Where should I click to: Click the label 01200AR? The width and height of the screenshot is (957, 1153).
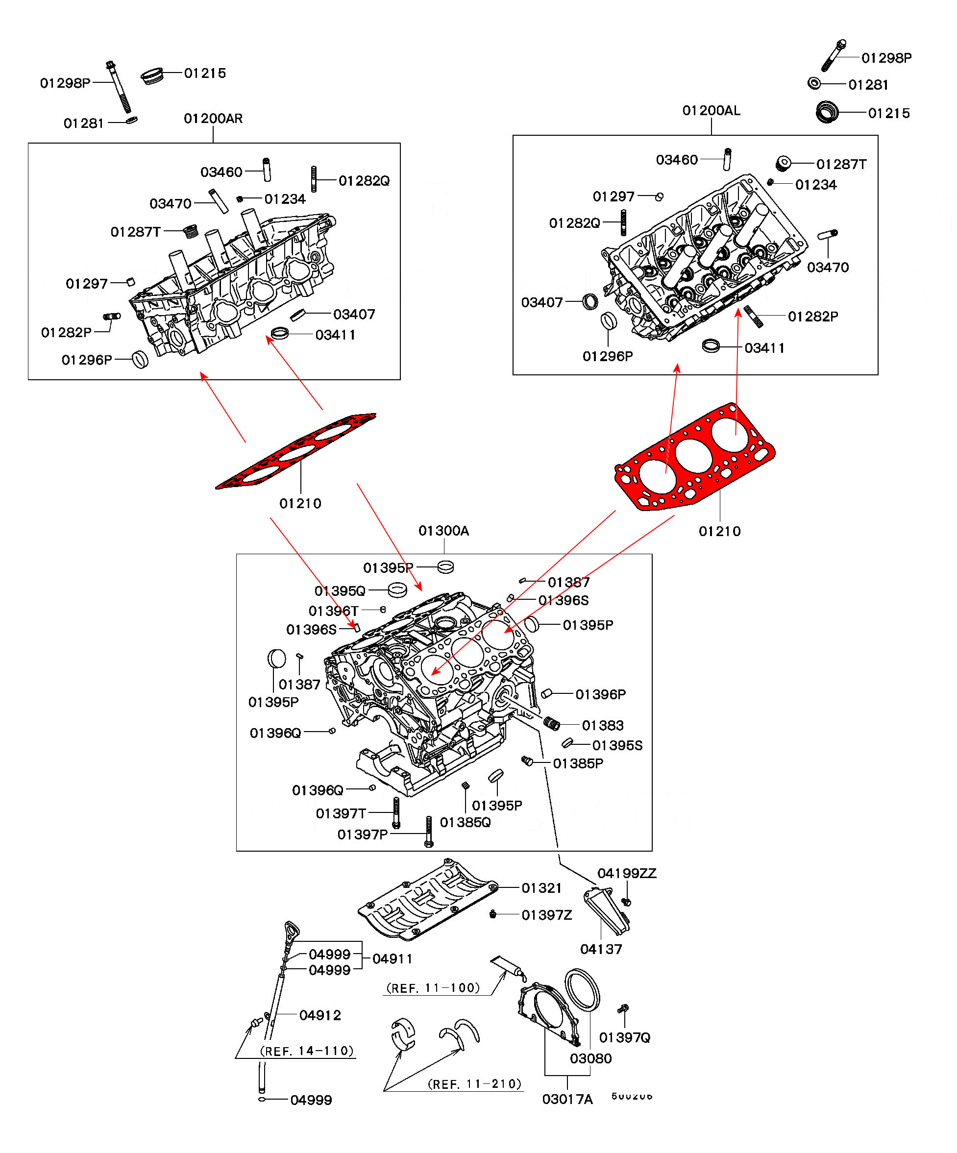tap(213, 119)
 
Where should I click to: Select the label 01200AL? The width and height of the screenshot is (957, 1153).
tap(711, 111)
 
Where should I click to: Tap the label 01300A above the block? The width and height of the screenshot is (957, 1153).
tap(443, 531)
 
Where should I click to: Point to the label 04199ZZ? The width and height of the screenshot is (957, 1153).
tap(626, 874)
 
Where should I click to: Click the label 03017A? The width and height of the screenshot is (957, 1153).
tap(567, 1099)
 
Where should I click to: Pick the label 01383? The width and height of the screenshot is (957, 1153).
tap(602, 726)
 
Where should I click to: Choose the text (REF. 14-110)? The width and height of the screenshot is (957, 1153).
tap(307, 1051)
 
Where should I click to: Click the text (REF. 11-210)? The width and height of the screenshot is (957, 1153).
tap(474, 1084)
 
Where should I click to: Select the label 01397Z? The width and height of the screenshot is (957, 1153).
tap(546, 915)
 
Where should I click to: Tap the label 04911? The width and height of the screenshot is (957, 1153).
tap(392, 958)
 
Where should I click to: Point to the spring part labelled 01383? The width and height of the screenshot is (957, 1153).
tap(551, 724)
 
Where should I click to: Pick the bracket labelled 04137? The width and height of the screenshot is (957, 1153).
tap(606, 911)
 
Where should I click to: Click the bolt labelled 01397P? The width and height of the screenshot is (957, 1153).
tap(429, 831)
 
